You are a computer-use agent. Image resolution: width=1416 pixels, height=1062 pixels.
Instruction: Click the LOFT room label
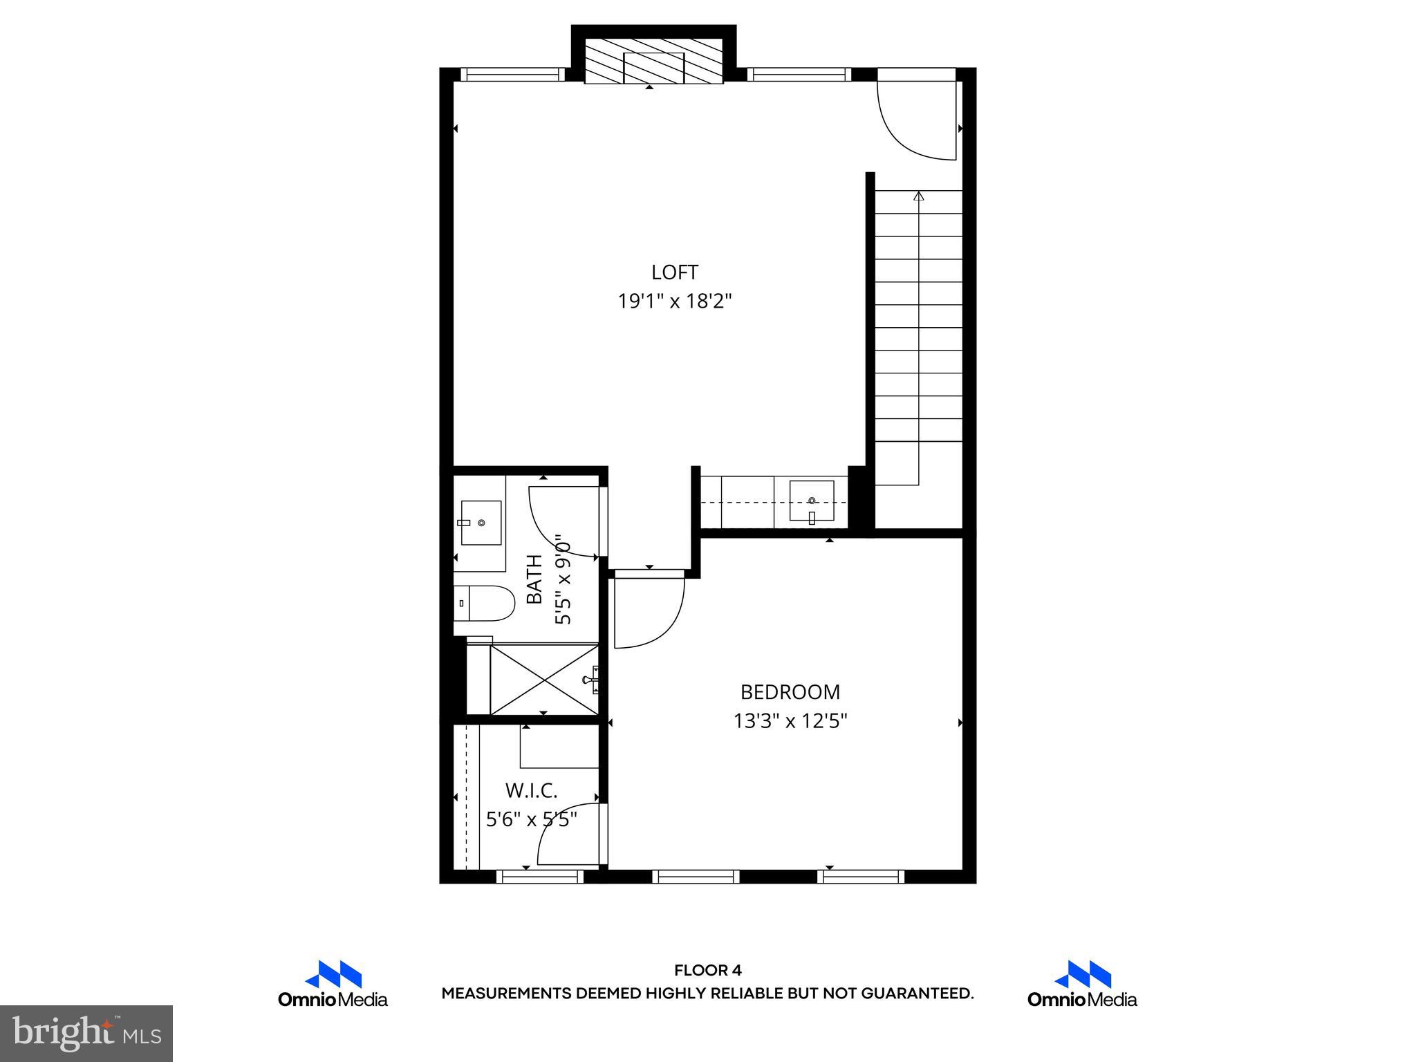[x=674, y=272]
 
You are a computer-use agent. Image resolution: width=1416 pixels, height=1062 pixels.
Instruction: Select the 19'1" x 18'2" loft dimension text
[x=674, y=301]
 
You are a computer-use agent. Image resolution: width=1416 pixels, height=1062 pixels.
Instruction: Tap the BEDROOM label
[x=790, y=692]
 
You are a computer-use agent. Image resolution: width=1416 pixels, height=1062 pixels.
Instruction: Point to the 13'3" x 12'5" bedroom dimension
[x=790, y=722]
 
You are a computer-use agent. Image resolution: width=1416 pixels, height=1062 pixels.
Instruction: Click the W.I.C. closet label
[x=531, y=790]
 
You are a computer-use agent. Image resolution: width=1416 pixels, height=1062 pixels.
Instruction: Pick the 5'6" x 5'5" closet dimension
[x=531, y=820]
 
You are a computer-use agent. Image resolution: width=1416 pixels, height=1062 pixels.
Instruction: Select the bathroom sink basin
[x=481, y=523]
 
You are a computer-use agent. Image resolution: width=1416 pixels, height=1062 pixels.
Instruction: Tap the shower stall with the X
[x=544, y=679]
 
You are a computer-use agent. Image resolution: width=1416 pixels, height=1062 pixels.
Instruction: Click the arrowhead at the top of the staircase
[x=918, y=196]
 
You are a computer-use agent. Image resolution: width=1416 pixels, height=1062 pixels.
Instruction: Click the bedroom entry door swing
[x=647, y=611]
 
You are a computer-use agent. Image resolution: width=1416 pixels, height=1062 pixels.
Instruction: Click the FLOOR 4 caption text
[x=707, y=970]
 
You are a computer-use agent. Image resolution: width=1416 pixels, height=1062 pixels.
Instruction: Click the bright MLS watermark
[x=86, y=1034]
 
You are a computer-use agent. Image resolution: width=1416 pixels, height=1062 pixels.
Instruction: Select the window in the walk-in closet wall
[x=540, y=877]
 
